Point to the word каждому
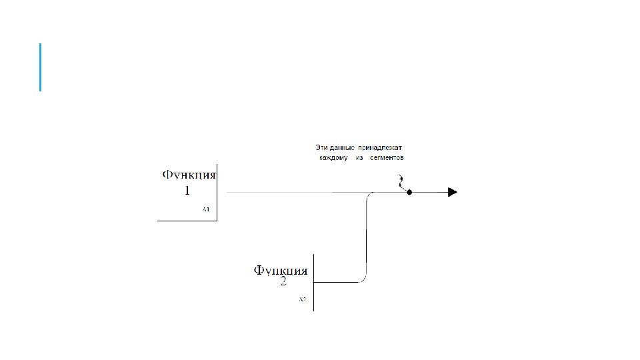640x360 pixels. click(x=333, y=158)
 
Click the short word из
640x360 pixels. click(x=359, y=158)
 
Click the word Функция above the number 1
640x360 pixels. click(x=190, y=175)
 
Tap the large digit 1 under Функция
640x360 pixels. click(x=187, y=191)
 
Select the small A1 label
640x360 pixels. click(x=206, y=210)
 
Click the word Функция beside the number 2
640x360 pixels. click(x=280, y=271)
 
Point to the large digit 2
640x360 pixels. click(x=283, y=282)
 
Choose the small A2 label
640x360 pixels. click(x=302, y=300)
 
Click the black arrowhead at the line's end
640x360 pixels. click(x=452, y=192)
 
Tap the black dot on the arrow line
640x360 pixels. click(x=409, y=192)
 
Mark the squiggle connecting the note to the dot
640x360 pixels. click(x=401, y=183)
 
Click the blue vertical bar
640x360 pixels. click(x=41, y=67)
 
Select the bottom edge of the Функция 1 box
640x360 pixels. click(x=187, y=220)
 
